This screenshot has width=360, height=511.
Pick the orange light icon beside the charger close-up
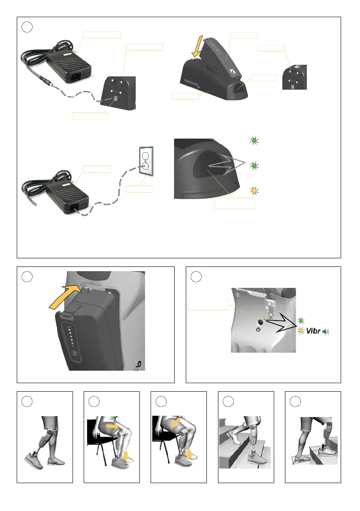[254, 190]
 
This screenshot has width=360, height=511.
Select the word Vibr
[314, 331]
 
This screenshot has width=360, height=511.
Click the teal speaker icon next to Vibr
[329, 331]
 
